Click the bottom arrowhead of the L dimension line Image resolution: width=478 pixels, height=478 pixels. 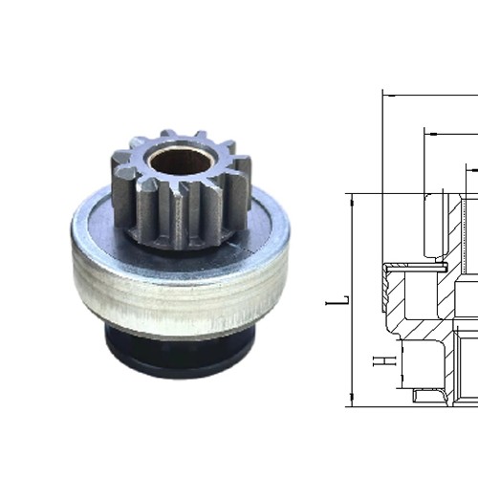(353, 402)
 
